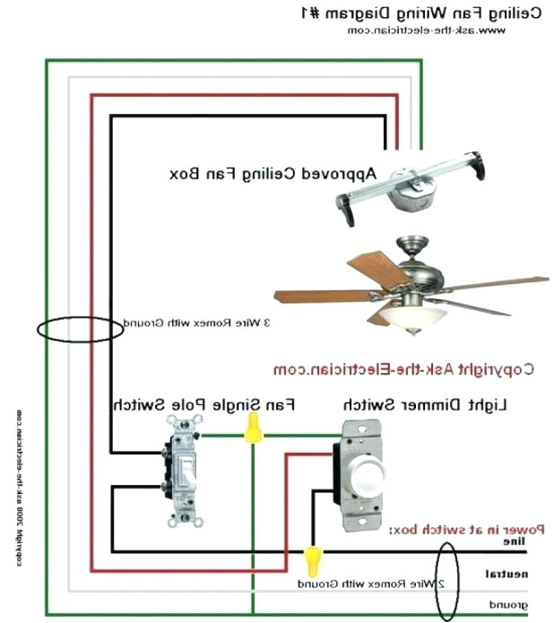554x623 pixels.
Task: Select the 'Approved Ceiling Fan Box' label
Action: [273, 172]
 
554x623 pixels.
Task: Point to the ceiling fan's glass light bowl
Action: [413, 316]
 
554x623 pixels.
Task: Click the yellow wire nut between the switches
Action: [253, 428]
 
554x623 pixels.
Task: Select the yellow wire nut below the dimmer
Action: [313, 560]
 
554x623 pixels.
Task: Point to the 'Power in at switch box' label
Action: [467, 531]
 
